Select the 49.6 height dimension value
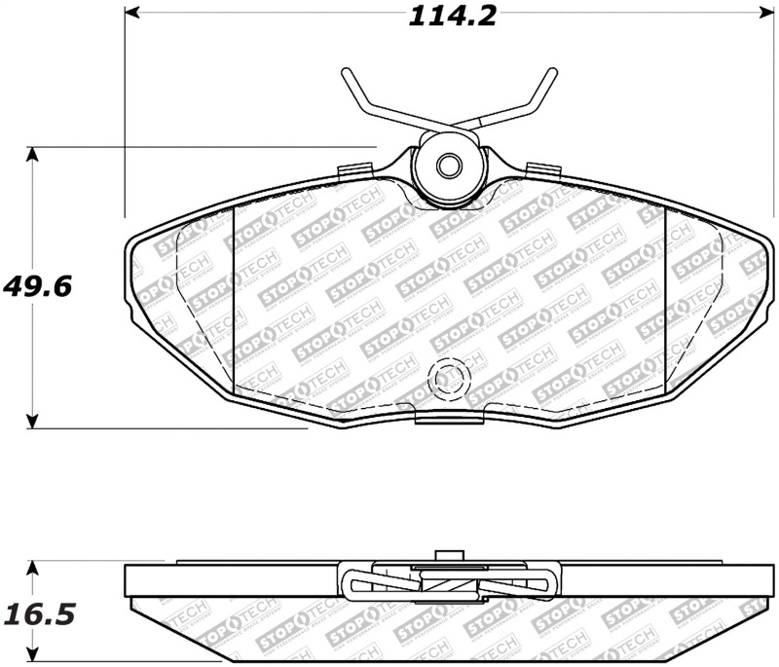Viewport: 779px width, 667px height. tap(40, 287)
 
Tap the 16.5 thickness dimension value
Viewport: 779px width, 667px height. tap(40, 614)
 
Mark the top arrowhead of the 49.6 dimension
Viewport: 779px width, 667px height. tap(34, 154)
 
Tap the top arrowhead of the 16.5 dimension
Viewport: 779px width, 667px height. tap(34, 567)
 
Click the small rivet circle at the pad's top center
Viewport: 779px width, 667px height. tap(448, 167)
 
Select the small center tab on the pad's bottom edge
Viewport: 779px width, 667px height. tap(449, 417)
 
